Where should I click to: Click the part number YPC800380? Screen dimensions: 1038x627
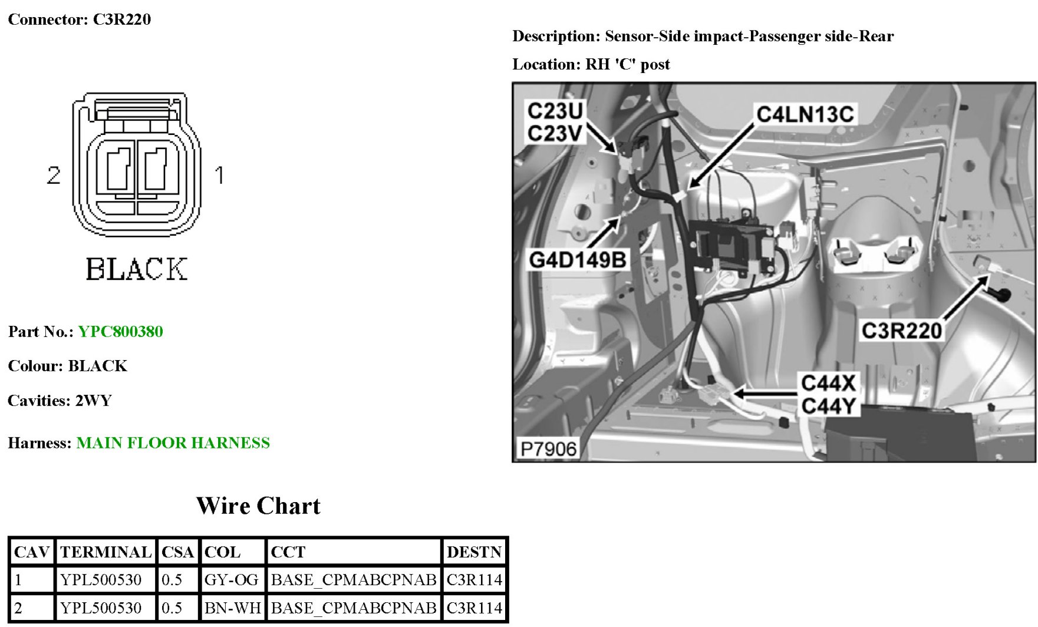(120, 332)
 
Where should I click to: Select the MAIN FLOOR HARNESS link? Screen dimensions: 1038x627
(173, 443)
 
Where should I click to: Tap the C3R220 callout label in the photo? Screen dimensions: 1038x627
(901, 331)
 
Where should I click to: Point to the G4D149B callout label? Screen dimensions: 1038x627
(577, 259)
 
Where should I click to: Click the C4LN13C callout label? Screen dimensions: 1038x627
(805, 114)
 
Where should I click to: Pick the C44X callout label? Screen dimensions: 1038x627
(828, 383)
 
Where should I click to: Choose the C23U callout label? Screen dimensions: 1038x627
(555, 110)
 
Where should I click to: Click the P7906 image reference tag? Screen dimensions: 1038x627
(548, 449)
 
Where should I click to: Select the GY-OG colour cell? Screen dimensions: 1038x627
(231, 580)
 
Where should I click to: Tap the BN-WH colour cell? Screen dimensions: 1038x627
(232, 608)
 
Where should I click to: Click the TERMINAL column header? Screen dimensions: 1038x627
(106, 552)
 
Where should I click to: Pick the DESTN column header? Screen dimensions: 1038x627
(474, 552)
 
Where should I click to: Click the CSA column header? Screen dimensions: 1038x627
(177, 552)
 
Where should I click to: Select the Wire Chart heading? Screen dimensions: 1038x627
(258, 506)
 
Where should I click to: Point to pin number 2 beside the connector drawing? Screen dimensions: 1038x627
(54, 175)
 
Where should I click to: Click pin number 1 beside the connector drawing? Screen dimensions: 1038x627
(219, 175)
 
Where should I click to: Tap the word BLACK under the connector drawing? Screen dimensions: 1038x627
(137, 269)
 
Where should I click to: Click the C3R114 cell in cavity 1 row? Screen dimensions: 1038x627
(474, 580)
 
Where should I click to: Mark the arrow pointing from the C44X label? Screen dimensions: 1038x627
(765, 393)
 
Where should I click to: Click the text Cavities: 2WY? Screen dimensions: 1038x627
(60, 401)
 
